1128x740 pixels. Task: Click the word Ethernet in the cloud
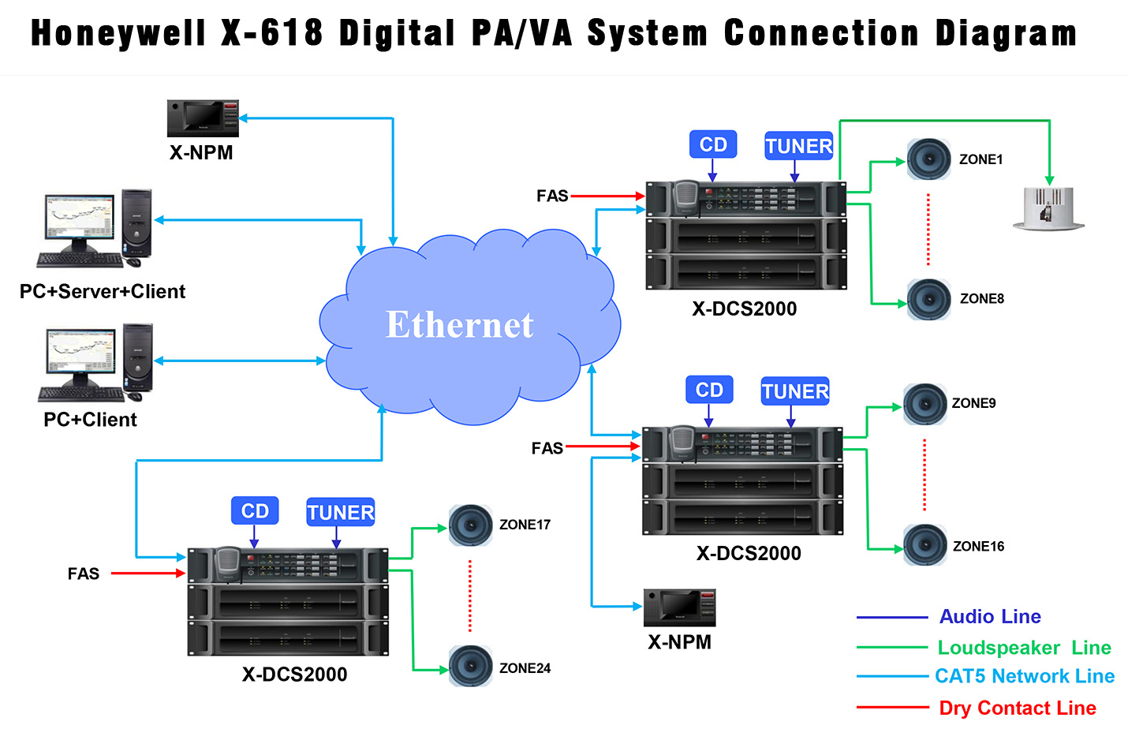click(x=459, y=324)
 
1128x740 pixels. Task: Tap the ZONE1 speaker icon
click(x=928, y=159)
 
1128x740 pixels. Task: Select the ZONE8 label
click(x=981, y=299)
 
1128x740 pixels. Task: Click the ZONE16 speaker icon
click(x=924, y=544)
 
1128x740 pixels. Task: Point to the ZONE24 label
click(x=525, y=668)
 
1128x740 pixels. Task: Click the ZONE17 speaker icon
click(x=470, y=525)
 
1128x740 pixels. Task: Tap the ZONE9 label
click(x=973, y=403)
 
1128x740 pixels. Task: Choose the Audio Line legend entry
click(x=989, y=616)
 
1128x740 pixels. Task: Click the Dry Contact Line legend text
click(x=1017, y=708)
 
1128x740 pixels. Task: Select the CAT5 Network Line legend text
click(x=1024, y=676)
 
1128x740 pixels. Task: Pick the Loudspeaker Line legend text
click(x=1023, y=648)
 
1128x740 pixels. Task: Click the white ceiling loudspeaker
click(x=1048, y=209)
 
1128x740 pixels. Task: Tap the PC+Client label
click(x=90, y=420)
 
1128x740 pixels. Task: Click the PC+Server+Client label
click(x=103, y=291)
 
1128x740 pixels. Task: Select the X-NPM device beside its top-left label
click(x=203, y=118)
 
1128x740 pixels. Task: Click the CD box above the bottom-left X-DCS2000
click(x=255, y=511)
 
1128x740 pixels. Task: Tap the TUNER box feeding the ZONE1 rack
click(x=798, y=146)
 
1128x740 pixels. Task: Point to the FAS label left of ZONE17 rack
click(x=83, y=574)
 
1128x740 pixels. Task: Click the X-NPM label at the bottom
click(x=679, y=642)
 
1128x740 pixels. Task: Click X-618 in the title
click(x=271, y=34)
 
